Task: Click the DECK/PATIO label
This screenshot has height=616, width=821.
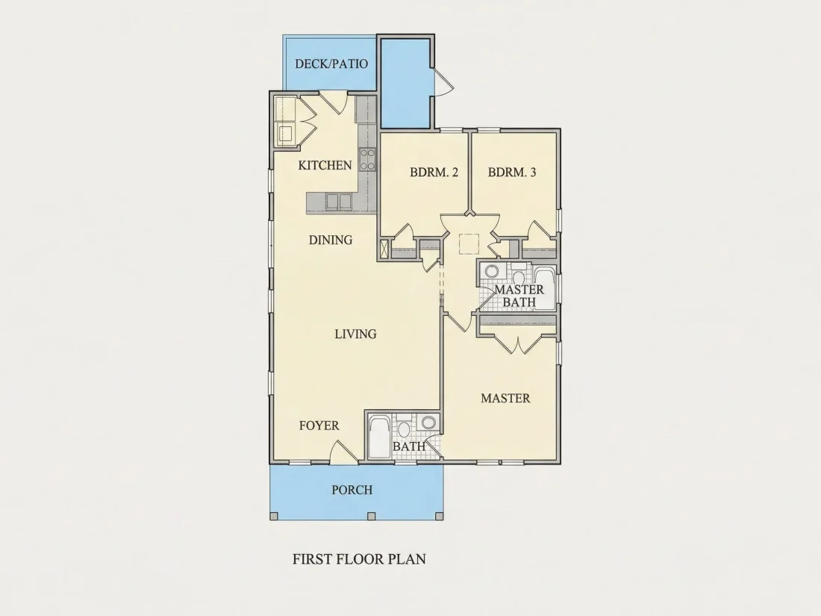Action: [331, 64]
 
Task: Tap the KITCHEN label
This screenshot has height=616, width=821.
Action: [325, 166]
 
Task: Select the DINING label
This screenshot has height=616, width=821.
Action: [331, 240]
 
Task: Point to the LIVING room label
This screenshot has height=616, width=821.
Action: [355, 334]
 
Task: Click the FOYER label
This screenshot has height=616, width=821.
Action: [319, 426]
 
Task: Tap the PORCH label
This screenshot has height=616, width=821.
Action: [352, 490]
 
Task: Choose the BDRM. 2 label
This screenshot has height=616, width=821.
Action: [434, 172]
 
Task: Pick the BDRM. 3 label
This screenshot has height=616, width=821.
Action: [512, 172]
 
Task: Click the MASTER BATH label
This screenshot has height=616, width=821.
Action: [519, 296]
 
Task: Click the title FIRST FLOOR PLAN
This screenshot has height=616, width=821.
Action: [359, 559]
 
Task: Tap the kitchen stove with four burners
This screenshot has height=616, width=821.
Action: [367, 159]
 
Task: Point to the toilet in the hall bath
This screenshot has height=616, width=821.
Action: [403, 428]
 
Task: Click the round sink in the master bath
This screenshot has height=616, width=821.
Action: [491, 271]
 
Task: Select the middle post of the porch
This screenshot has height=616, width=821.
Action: [371, 516]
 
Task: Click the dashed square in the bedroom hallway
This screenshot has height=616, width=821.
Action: [469, 243]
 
